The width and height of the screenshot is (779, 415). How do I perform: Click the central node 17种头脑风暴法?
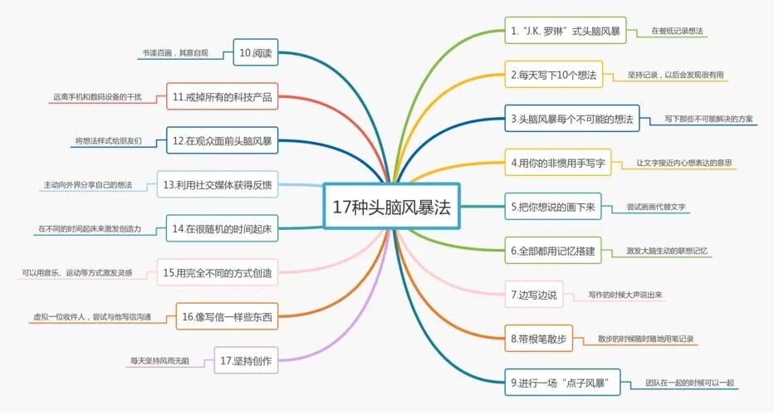tap(390, 206)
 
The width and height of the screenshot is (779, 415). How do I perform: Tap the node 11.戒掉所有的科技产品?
tap(222, 95)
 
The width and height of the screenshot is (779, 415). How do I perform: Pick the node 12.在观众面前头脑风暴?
tap(222, 140)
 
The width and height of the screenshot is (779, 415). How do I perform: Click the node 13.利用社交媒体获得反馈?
tap(217, 184)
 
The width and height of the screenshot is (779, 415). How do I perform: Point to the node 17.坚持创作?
tap(247, 360)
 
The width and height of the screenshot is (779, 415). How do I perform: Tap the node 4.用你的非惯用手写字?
tap(558, 162)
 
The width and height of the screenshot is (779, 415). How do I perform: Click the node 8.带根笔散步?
tap(538, 338)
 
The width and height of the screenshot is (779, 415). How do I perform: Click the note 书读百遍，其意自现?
tap(175, 53)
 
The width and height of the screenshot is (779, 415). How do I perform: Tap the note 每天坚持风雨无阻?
tap(160, 360)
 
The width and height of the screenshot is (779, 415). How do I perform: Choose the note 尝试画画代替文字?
tap(657, 206)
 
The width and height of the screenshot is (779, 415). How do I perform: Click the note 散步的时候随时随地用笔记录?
tap(645, 339)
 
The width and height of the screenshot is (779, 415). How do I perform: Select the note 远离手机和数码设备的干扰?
tap(97, 97)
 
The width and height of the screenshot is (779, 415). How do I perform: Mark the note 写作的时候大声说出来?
tap(625, 295)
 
